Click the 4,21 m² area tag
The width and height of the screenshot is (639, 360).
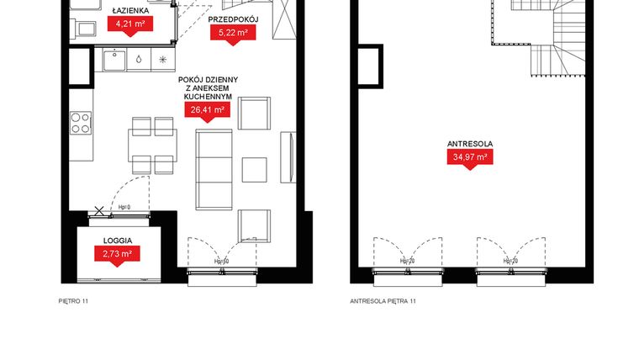(129, 25)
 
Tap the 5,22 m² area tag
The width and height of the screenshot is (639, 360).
(233, 33)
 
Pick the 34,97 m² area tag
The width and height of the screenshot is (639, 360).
(470, 156)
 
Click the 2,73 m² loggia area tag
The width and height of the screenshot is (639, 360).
(116, 253)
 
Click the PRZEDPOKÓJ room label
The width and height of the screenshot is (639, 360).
(233, 19)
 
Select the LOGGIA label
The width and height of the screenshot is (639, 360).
(116, 240)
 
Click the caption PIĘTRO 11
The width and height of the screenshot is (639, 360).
(74, 299)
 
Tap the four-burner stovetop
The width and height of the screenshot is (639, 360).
(82, 123)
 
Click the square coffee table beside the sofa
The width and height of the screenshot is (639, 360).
(255, 167)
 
